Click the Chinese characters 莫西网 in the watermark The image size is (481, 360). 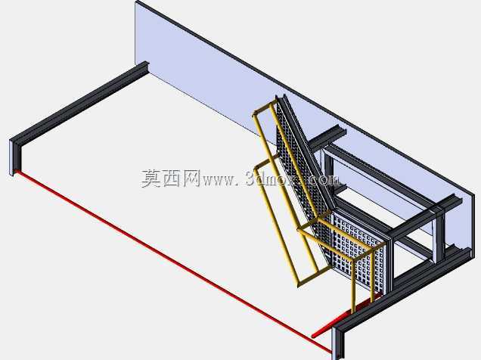tap(170, 178)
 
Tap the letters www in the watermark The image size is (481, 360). tap(217, 180)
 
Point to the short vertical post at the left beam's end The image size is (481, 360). tap(14, 158)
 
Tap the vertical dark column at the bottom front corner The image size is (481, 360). tap(338, 343)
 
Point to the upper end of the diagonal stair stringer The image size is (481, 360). tap(281, 97)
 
